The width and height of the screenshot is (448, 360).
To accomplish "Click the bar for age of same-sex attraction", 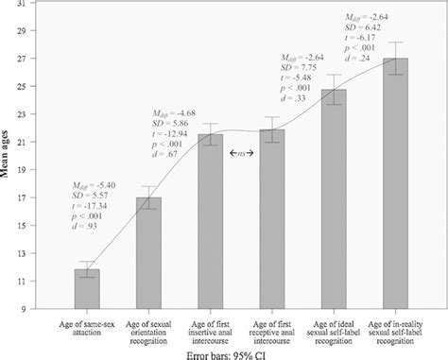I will click(x=87, y=289).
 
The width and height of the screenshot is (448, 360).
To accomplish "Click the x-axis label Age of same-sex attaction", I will click(x=87, y=327).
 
